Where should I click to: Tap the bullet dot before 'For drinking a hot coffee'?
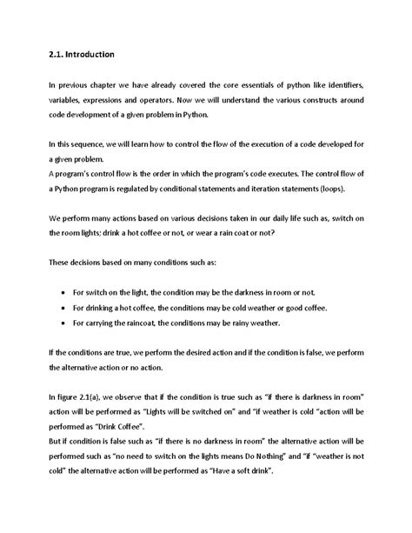[67, 309]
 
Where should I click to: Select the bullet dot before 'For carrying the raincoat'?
[67, 324]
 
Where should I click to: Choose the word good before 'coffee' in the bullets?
[274, 309]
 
